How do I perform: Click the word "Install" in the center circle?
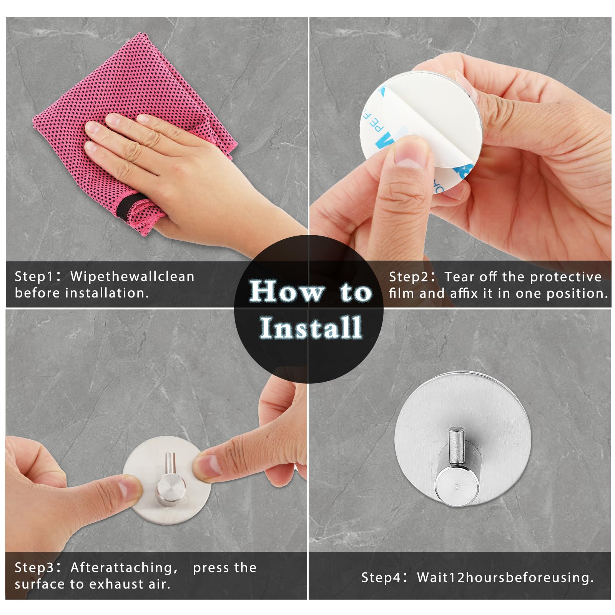pos(311,328)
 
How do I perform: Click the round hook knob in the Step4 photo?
pos(457,488)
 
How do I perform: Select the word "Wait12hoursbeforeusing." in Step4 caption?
pos(505,578)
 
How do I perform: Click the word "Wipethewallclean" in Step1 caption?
pos(132,277)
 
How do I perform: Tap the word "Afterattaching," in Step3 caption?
pos(124,568)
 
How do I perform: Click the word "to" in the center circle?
pos(356,292)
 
